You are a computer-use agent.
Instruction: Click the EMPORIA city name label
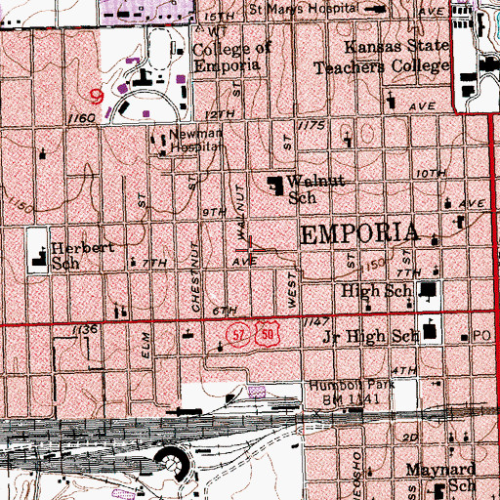pos(359,235)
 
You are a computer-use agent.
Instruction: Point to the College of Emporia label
pos(228,59)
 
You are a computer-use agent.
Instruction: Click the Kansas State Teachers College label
pos(382,58)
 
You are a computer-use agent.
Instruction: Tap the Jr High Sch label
pos(370,335)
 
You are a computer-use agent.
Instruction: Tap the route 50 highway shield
pos(254,335)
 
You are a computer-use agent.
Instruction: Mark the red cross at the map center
pos(251,249)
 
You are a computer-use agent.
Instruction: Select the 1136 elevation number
pos(86,331)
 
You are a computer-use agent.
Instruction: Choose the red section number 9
pos(96,95)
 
